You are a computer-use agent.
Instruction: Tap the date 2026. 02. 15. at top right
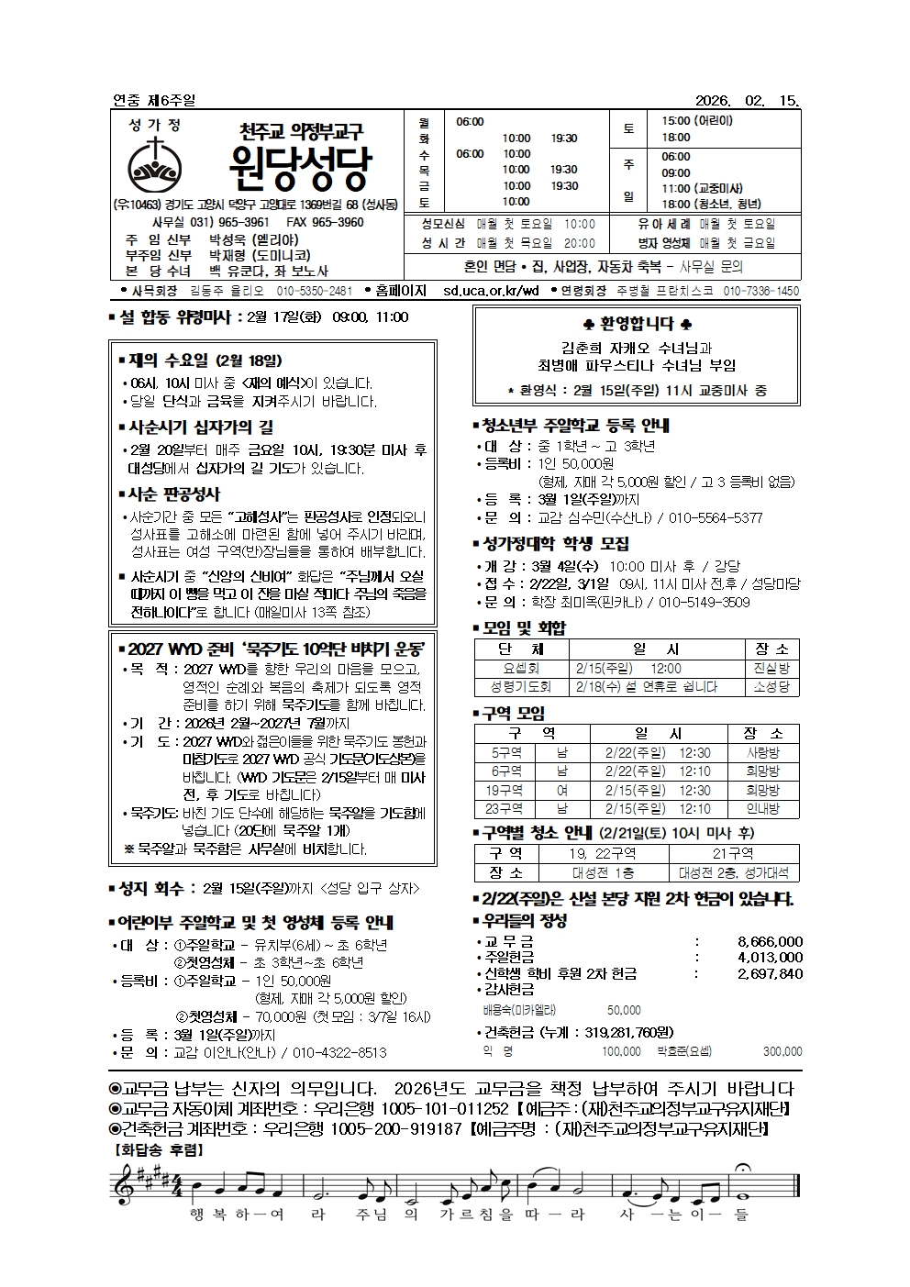(x=748, y=100)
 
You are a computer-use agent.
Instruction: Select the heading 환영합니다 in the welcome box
(x=638, y=324)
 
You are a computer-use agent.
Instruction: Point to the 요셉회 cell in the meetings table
(x=521, y=669)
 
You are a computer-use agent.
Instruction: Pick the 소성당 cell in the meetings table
(x=771, y=686)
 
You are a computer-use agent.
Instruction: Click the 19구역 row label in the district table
(x=505, y=790)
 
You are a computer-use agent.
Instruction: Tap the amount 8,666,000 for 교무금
(x=770, y=941)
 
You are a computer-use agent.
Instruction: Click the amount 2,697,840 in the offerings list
(x=770, y=973)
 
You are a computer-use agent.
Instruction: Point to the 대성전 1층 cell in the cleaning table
(x=603, y=872)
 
